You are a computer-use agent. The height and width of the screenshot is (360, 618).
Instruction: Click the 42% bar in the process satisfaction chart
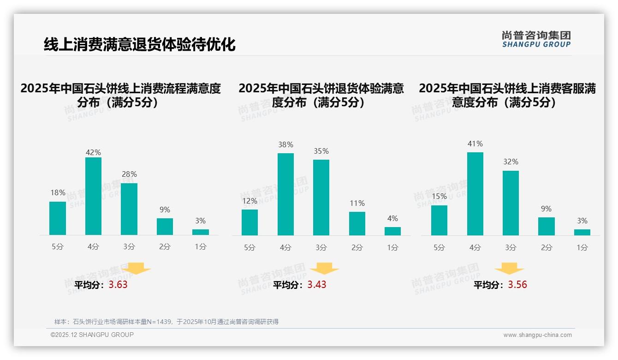pyautogui.click(x=93, y=196)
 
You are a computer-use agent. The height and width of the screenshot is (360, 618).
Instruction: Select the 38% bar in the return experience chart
pyautogui.click(x=285, y=194)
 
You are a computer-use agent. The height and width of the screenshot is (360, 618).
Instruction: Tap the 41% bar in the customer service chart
pyautogui.click(x=475, y=194)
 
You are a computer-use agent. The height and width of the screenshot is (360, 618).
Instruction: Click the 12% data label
pyautogui.click(x=250, y=201)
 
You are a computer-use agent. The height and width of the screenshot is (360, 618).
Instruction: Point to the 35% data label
pyautogui.click(x=321, y=151)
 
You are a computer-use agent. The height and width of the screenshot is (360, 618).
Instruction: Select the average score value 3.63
pyautogui.click(x=118, y=285)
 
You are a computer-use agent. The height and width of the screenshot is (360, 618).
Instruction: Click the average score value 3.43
pyautogui.click(x=317, y=285)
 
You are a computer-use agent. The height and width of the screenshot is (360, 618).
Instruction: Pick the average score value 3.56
pyautogui.click(x=517, y=285)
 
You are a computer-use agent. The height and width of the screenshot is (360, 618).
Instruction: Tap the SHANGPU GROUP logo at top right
pyautogui.click(x=536, y=39)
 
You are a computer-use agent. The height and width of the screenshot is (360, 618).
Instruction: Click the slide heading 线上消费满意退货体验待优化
pyautogui.click(x=139, y=44)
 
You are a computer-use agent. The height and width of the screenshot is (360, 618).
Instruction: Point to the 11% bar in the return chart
pyautogui.click(x=357, y=223)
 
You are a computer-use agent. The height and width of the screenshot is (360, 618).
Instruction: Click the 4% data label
pyautogui.click(x=392, y=218)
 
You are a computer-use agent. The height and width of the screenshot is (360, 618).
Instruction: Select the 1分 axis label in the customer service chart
pyautogui.click(x=582, y=247)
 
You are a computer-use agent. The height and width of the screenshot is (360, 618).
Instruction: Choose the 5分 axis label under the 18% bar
pyautogui.click(x=58, y=246)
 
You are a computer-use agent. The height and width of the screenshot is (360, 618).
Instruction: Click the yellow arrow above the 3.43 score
pyautogui.click(x=324, y=269)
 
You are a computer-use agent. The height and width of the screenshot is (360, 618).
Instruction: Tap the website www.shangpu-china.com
pyautogui.click(x=537, y=335)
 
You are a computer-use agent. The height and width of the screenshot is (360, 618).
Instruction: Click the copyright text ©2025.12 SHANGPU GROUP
pyautogui.click(x=92, y=335)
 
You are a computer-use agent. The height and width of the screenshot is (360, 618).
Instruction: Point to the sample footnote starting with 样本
pyautogui.click(x=166, y=322)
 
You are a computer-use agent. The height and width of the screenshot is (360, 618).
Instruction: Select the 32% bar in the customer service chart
pyautogui.click(x=511, y=203)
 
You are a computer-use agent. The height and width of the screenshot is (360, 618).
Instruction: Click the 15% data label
pyautogui.click(x=439, y=196)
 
